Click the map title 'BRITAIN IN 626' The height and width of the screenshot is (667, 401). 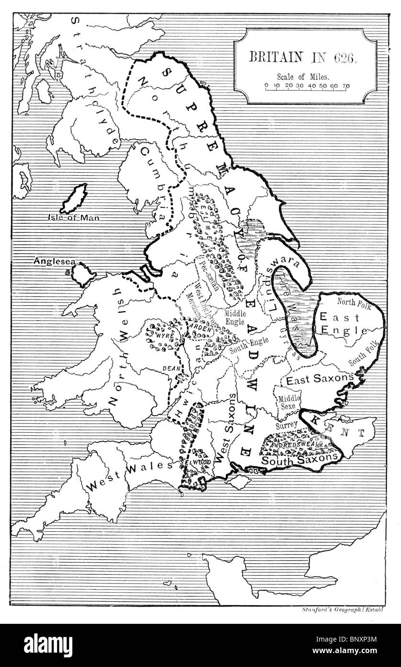coord(302,57)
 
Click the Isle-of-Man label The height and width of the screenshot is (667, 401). coord(77,217)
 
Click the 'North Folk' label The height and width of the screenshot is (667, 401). coord(354,301)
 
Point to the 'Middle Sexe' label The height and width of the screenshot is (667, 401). coord(289,401)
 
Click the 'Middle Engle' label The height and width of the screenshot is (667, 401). coord(236,317)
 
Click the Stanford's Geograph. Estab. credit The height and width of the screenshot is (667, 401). coord(344,609)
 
